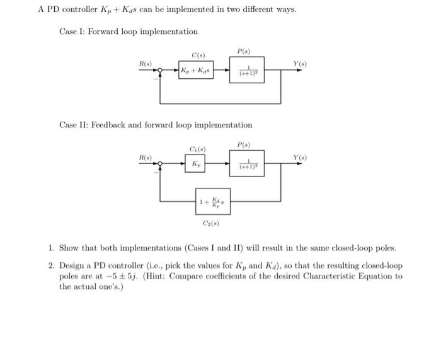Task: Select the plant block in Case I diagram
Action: [x=246, y=71]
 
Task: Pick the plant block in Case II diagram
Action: [x=246, y=163]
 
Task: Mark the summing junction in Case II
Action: [x=161, y=164]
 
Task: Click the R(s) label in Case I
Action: [x=145, y=64]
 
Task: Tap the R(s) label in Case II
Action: [x=145, y=156]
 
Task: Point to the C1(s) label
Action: [x=197, y=149]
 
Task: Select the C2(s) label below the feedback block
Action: [x=210, y=224]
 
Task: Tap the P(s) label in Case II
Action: [x=243, y=144]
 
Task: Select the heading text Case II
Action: [x=75, y=125]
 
